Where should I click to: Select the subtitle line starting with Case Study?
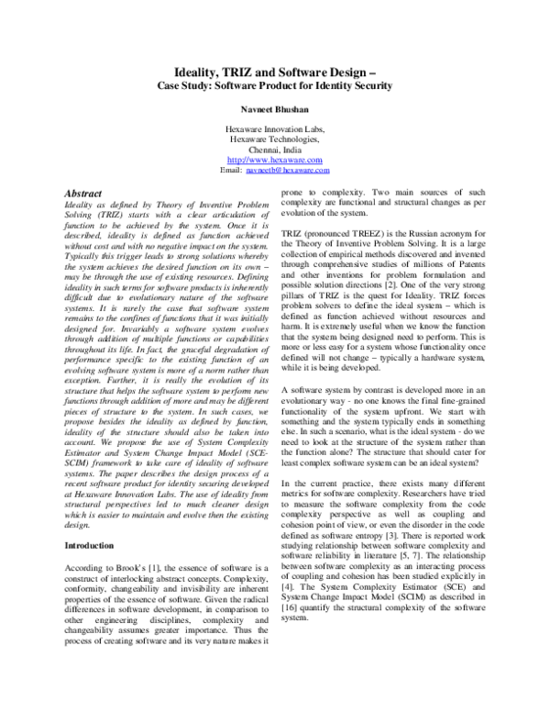pyautogui.click(x=275, y=85)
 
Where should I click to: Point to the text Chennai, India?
pyautogui.click(x=275, y=150)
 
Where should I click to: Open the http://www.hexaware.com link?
pyautogui.click(x=275, y=160)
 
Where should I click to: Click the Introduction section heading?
pyautogui.click(x=90, y=545)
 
